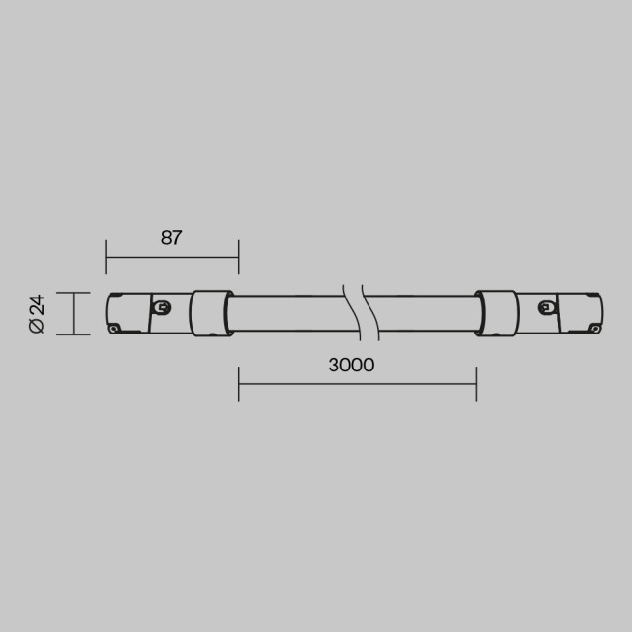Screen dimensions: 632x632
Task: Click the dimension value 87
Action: (172, 238)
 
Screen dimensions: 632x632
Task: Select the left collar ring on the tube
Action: (208, 313)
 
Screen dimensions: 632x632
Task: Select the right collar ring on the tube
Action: (495, 313)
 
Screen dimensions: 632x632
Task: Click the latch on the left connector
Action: (162, 309)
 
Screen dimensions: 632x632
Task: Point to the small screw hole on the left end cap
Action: (116, 329)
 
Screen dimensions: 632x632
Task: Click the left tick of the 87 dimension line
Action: (106, 258)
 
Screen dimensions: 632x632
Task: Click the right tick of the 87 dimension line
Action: (238, 258)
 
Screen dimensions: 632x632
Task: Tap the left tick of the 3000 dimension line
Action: (239, 383)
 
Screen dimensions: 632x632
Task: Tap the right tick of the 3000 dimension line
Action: (476, 383)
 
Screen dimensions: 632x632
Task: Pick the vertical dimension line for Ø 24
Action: (75, 313)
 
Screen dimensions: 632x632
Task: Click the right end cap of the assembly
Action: (581, 313)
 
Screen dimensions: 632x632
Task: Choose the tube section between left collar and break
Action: (287, 313)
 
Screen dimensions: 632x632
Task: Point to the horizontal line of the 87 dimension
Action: (172, 258)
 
